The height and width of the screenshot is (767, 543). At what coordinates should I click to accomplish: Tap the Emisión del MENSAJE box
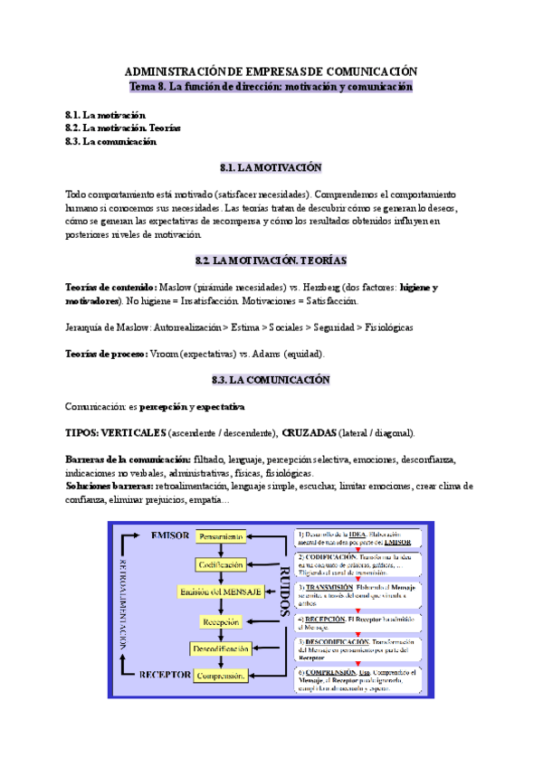pyautogui.click(x=221, y=592)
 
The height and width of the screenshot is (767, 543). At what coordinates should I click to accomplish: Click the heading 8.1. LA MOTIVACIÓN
pyautogui.click(x=271, y=168)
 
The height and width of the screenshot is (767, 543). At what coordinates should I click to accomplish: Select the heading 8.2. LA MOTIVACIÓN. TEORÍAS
pyautogui.click(x=271, y=260)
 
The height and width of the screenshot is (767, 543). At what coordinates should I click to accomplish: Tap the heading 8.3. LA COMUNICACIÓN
pyautogui.click(x=271, y=380)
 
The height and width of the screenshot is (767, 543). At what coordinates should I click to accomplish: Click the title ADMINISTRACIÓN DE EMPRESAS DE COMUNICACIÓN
pyautogui.click(x=271, y=71)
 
